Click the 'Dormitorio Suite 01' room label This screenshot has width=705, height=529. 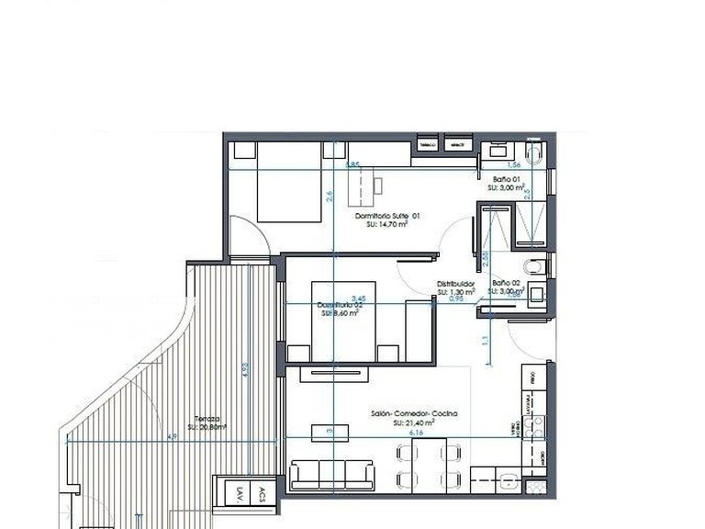[x=387, y=216]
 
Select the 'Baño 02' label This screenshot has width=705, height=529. [x=507, y=283]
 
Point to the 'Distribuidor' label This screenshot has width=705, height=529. [x=455, y=284]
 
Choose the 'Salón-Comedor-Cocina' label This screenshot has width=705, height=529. [x=414, y=414]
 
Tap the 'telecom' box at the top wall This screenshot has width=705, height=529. [x=427, y=144]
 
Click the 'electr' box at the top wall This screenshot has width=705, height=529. [x=456, y=144]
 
